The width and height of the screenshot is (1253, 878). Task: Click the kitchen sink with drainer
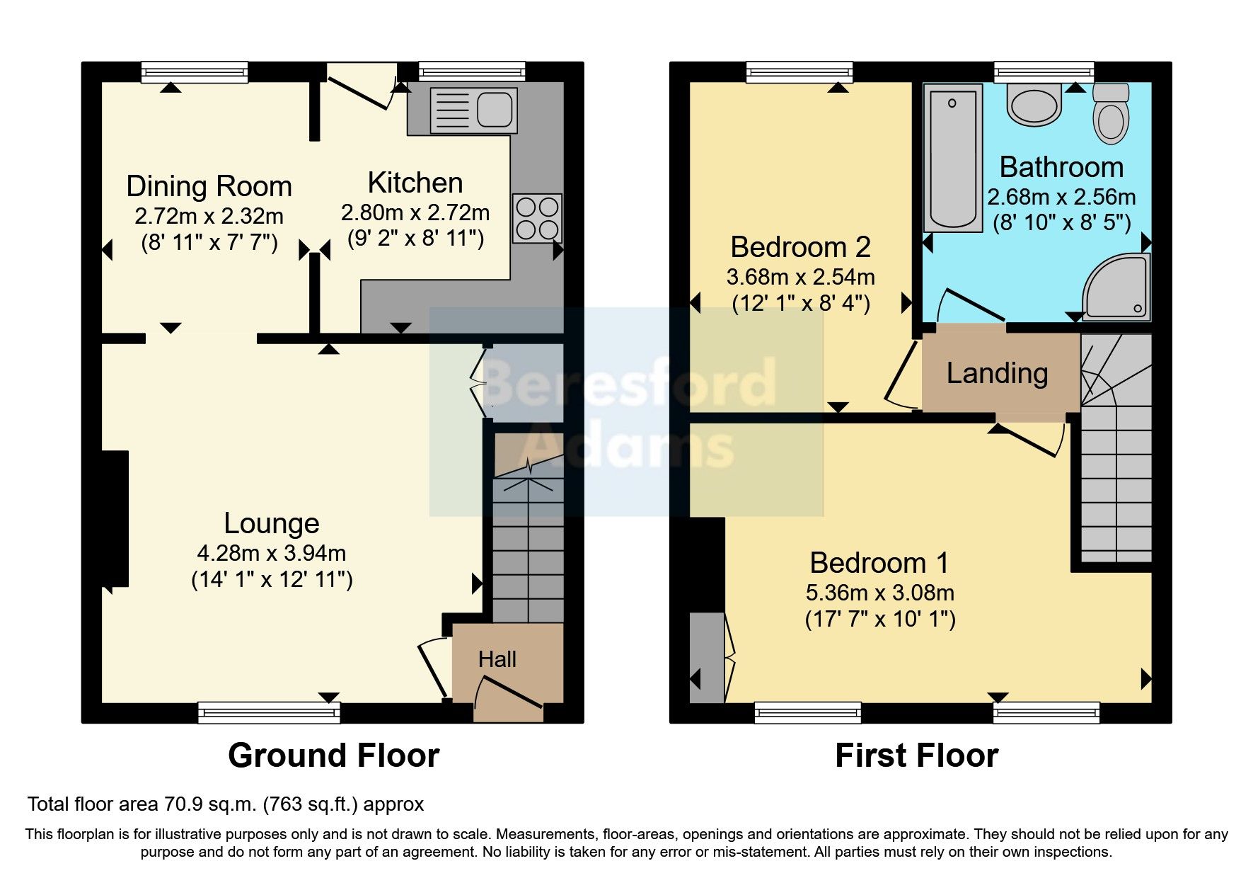coord(473,110)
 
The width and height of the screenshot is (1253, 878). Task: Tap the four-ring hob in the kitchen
coord(537,218)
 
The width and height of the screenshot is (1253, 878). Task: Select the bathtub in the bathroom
coord(953,158)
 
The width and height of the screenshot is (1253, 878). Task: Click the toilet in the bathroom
coord(1111,115)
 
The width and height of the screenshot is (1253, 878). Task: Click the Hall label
coord(497,660)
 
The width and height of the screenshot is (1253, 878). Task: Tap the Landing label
coord(997,373)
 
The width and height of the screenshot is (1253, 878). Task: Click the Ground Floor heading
coord(333,756)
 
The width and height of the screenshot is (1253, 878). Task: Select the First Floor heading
coord(916,756)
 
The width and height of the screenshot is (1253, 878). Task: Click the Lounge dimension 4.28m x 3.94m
coord(272,553)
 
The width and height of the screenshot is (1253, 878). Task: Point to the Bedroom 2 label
coord(800,247)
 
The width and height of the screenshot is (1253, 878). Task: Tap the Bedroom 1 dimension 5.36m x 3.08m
coord(879,593)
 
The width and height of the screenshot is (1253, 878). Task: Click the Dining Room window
coord(195,72)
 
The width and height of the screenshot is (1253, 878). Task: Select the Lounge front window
coord(269,712)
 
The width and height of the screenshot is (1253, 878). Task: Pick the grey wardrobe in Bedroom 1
coord(706,658)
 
